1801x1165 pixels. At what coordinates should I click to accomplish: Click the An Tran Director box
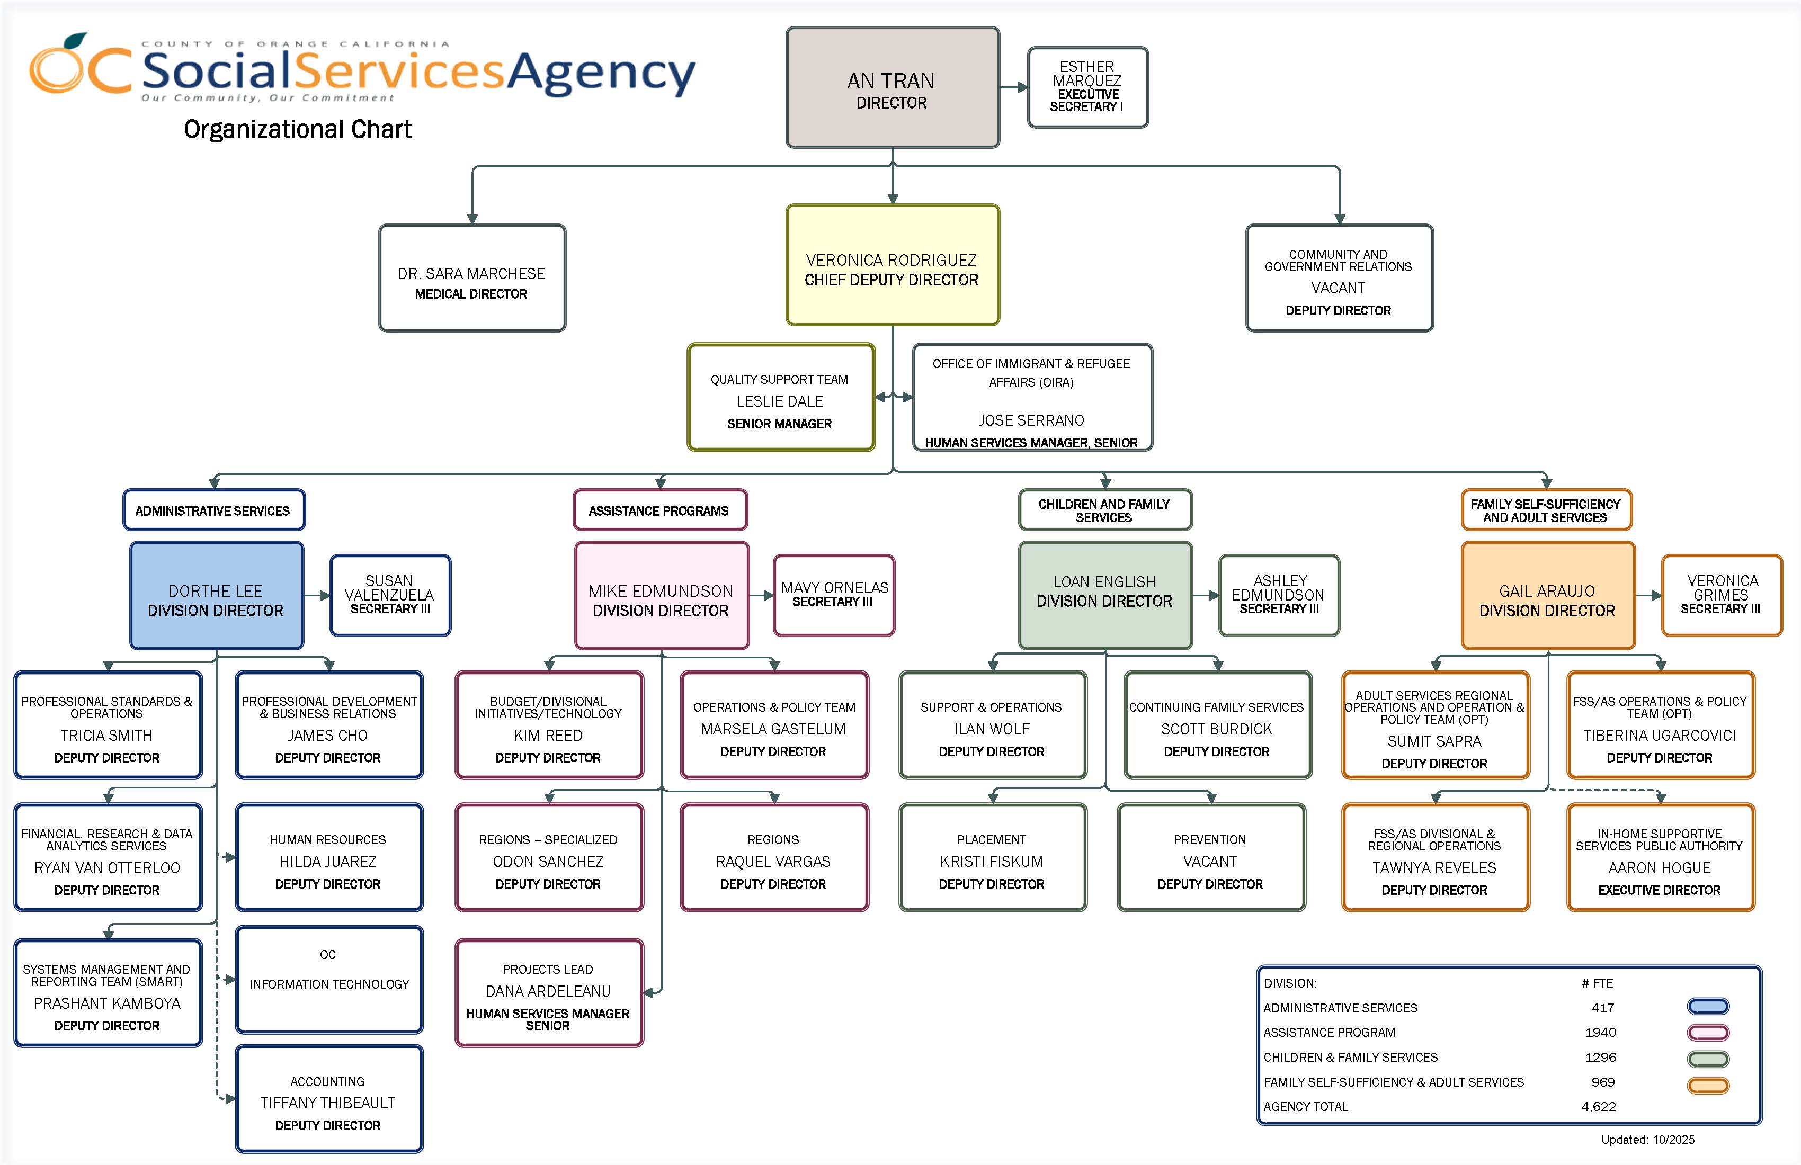click(x=892, y=88)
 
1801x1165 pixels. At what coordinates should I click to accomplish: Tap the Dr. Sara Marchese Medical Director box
click(x=471, y=279)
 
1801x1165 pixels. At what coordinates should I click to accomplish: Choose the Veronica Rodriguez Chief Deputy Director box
click(x=892, y=265)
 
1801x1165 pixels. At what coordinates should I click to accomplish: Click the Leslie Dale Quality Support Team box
click(x=780, y=398)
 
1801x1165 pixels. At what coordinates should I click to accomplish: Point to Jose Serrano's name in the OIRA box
click(x=1031, y=420)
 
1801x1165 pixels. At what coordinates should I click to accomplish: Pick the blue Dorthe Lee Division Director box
click(x=217, y=596)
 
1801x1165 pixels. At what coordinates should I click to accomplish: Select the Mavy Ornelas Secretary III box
click(x=834, y=595)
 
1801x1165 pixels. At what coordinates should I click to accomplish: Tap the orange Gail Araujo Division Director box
click(x=1547, y=596)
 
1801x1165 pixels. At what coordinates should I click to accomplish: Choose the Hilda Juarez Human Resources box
click(x=328, y=858)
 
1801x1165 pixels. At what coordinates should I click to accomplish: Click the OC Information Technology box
click(x=328, y=980)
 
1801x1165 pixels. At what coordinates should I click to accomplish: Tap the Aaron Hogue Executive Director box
click(x=1660, y=858)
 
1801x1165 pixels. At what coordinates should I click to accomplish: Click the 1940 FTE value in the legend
click(x=1600, y=1033)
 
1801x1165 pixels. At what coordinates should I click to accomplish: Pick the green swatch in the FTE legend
click(x=1708, y=1059)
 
